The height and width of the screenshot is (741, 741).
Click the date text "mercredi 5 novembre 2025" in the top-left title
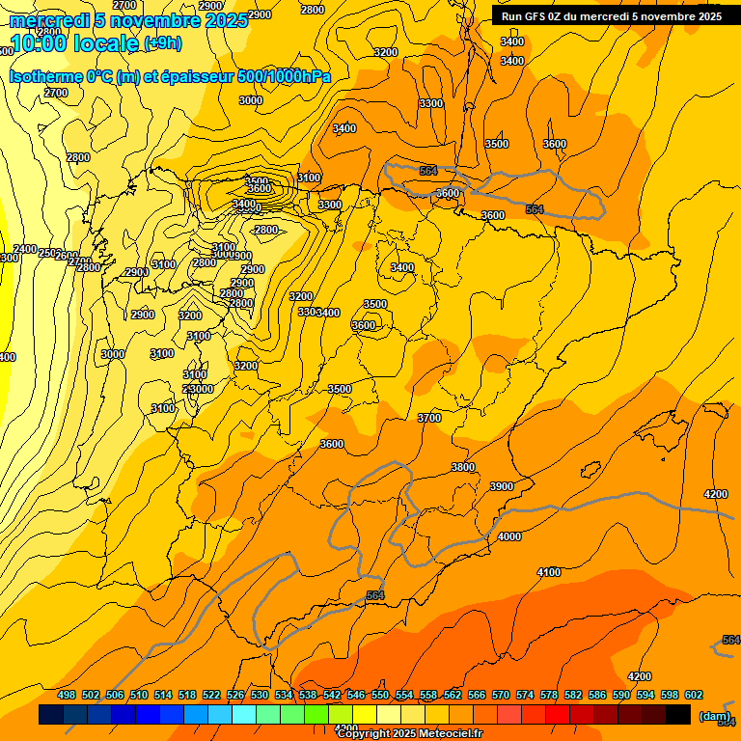click(127, 20)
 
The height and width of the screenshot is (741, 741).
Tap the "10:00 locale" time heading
click(74, 43)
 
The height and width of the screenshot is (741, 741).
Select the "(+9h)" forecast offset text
click(161, 43)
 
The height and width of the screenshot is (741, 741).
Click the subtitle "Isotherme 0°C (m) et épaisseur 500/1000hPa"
click(170, 76)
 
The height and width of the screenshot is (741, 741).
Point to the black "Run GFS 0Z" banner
click(612, 15)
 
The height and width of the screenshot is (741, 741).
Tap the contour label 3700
click(429, 418)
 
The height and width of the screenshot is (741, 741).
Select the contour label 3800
click(463, 467)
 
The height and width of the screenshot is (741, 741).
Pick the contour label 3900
click(502, 486)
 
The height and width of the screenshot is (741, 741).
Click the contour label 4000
click(509, 536)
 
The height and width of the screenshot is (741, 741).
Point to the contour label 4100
click(548, 572)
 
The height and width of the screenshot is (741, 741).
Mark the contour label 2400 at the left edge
click(25, 249)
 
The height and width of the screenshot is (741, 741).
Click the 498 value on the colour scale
click(67, 695)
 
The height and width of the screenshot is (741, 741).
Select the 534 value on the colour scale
click(284, 695)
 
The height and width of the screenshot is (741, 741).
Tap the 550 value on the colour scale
click(380, 695)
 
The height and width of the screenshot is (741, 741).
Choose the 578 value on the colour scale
click(549, 695)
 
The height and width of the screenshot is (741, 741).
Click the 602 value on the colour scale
click(694, 695)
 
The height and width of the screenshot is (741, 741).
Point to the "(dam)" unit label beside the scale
click(715, 716)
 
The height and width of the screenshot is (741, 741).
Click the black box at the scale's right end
click(678, 715)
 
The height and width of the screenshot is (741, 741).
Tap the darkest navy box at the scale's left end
click(51, 715)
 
